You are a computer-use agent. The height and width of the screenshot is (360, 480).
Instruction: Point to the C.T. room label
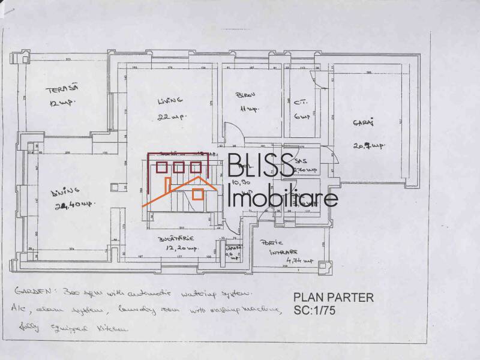(301, 101)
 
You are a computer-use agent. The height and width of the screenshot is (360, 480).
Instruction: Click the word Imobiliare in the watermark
(284, 197)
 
